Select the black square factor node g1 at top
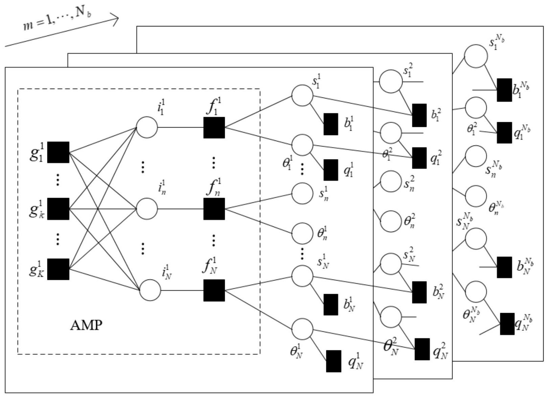pyautogui.click(x=58, y=152)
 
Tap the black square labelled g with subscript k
pyautogui.click(x=58, y=209)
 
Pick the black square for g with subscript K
pyautogui.click(x=58, y=269)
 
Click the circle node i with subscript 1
pyautogui.click(x=147, y=128)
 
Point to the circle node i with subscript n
pyautogui.click(x=147, y=209)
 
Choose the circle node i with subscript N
pyautogui.click(x=150, y=290)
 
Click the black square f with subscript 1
pyautogui.click(x=214, y=128)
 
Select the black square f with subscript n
pyautogui.click(x=214, y=209)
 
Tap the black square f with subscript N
pyautogui.click(x=214, y=290)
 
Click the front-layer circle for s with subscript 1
pyautogui.click(x=302, y=95)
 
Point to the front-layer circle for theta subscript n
pyautogui.click(x=302, y=234)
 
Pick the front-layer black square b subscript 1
pyautogui.click(x=331, y=124)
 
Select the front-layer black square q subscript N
pyautogui.click(x=333, y=361)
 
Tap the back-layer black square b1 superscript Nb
pyautogui.click(x=504, y=90)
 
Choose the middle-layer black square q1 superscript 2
pyautogui.click(x=419, y=158)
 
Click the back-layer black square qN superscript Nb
pyautogui.click(x=507, y=324)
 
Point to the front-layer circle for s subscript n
pyautogui.click(x=302, y=194)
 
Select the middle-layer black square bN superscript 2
pyautogui.click(x=419, y=292)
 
